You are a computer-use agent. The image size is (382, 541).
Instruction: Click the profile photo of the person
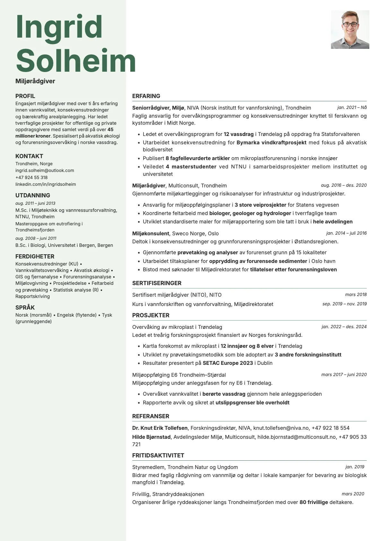[x=350, y=30]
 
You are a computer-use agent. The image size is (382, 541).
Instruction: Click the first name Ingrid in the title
[x=59, y=27]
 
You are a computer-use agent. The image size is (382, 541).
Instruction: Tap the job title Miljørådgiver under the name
[x=35, y=81]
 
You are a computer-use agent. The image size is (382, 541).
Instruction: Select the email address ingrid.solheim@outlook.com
[x=45, y=171]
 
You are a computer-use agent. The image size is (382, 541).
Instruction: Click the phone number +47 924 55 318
[x=31, y=177]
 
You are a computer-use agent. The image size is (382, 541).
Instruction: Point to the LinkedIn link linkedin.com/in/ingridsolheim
[x=46, y=185]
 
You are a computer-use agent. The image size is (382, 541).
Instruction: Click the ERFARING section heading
[x=146, y=96]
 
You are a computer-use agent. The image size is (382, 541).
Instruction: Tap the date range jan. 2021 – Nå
[x=352, y=108]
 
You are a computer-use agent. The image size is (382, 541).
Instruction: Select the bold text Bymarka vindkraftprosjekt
[x=271, y=142]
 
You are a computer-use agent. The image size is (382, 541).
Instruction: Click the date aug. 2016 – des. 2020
[x=343, y=185]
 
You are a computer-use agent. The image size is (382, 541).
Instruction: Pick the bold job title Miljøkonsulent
[x=151, y=233]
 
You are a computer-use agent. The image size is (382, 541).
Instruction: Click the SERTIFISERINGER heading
[x=157, y=283]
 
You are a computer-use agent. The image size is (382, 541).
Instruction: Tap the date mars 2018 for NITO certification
[x=356, y=295]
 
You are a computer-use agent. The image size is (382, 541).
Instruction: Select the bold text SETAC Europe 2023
[x=228, y=363]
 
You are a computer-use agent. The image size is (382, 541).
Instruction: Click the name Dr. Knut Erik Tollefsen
[x=160, y=428]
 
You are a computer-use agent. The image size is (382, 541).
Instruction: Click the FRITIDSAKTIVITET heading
[x=158, y=455]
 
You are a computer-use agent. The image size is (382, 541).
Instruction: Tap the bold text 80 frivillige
[x=314, y=502]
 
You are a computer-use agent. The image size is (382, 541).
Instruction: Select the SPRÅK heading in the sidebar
[x=25, y=308]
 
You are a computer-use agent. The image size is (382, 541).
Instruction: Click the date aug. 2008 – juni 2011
[x=36, y=239]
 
